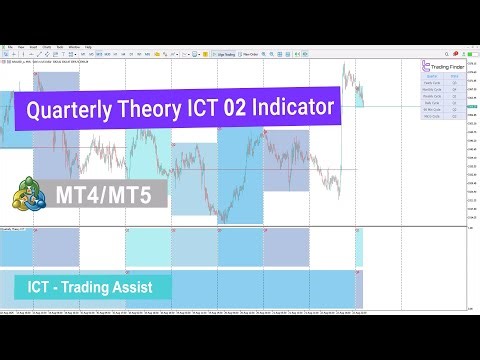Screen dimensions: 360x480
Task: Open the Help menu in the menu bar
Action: click(88, 46)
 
